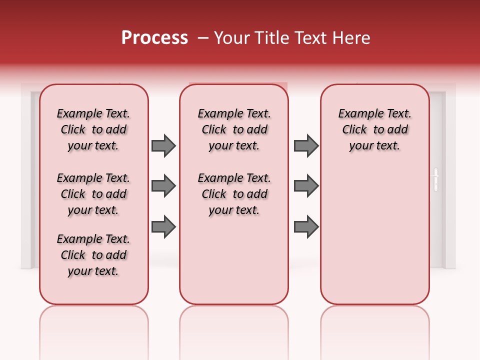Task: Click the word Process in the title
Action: tap(154, 37)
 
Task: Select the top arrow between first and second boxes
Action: tap(163, 145)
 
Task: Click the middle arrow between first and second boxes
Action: tap(163, 186)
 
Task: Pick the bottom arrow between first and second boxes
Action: tap(163, 226)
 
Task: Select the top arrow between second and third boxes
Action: tap(306, 145)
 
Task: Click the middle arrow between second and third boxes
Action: tap(306, 186)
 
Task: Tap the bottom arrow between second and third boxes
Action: tap(306, 226)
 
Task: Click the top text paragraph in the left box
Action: tap(93, 129)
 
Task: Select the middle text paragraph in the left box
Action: tap(93, 194)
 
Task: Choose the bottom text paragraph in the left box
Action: tap(93, 255)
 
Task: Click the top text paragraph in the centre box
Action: tap(234, 129)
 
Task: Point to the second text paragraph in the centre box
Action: tap(234, 194)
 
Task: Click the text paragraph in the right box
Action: tap(374, 129)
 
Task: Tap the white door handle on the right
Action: tap(435, 180)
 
